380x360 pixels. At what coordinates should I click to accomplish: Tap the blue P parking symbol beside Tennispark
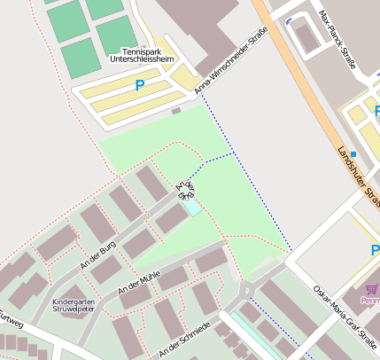click(139, 86)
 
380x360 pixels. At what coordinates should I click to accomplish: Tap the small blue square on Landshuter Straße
click(353, 154)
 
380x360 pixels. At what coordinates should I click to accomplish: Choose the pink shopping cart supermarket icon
click(371, 288)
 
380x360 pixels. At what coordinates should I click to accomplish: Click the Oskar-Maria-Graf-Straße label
click(345, 314)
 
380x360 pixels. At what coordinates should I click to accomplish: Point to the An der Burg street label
click(98, 256)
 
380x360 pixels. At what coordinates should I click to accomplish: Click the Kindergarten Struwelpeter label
click(74, 306)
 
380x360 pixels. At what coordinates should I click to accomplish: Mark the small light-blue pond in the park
click(191, 208)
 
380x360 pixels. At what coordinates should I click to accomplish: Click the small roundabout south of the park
click(246, 292)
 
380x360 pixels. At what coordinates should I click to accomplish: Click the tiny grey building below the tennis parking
click(175, 111)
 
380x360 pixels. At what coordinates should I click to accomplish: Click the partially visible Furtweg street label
click(9, 317)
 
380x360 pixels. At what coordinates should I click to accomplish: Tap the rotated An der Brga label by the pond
click(185, 190)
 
